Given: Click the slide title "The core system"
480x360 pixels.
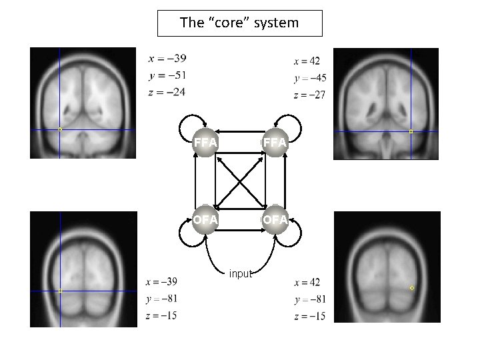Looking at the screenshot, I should pos(239,23).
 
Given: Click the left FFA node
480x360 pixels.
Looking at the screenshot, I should pos(205,142).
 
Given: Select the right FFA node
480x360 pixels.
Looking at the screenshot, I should pos(275,142).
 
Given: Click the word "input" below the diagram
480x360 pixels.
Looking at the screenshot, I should pos(239,273).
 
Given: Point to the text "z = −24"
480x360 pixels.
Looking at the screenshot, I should pos(167,92).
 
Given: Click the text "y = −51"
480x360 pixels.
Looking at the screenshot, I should pos(167,75).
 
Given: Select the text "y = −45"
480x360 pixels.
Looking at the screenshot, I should pos(309,79).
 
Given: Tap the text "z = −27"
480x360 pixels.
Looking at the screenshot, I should pos(309,95).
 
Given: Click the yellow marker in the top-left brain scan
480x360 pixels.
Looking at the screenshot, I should pos(59,129).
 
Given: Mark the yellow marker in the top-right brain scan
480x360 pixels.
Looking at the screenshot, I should pos(411,131).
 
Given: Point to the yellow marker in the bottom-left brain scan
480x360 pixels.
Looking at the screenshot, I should pos(59,291).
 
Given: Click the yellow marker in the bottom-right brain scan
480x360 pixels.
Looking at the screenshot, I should pos(412,287).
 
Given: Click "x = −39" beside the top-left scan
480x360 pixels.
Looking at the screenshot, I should pos(167,58).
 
